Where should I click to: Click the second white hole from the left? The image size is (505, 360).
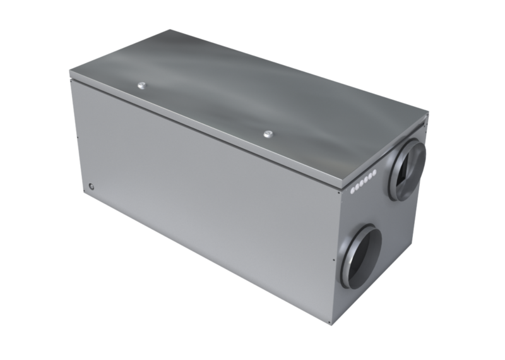[357, 185]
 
